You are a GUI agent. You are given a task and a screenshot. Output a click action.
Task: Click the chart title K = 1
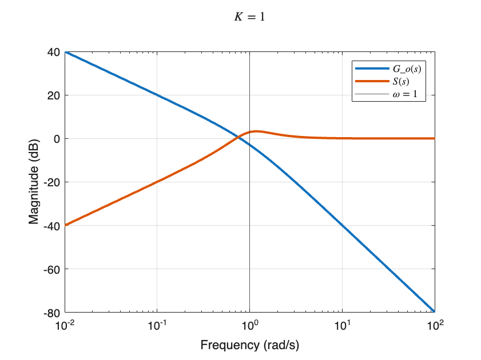click(249, 17)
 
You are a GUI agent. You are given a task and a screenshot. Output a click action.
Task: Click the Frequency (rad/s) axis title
click(250, 345)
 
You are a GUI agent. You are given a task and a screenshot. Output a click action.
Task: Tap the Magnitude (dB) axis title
click(34, 182)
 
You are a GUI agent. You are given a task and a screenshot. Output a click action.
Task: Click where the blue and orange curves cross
click(237, 137)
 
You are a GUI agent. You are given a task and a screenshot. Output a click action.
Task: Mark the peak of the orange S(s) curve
click(257, 131)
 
